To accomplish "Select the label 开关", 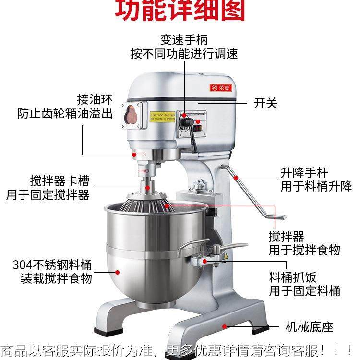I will coord(265,103).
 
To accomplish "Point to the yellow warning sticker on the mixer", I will coord(162,117).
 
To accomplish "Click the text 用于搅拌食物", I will coord(304,250).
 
